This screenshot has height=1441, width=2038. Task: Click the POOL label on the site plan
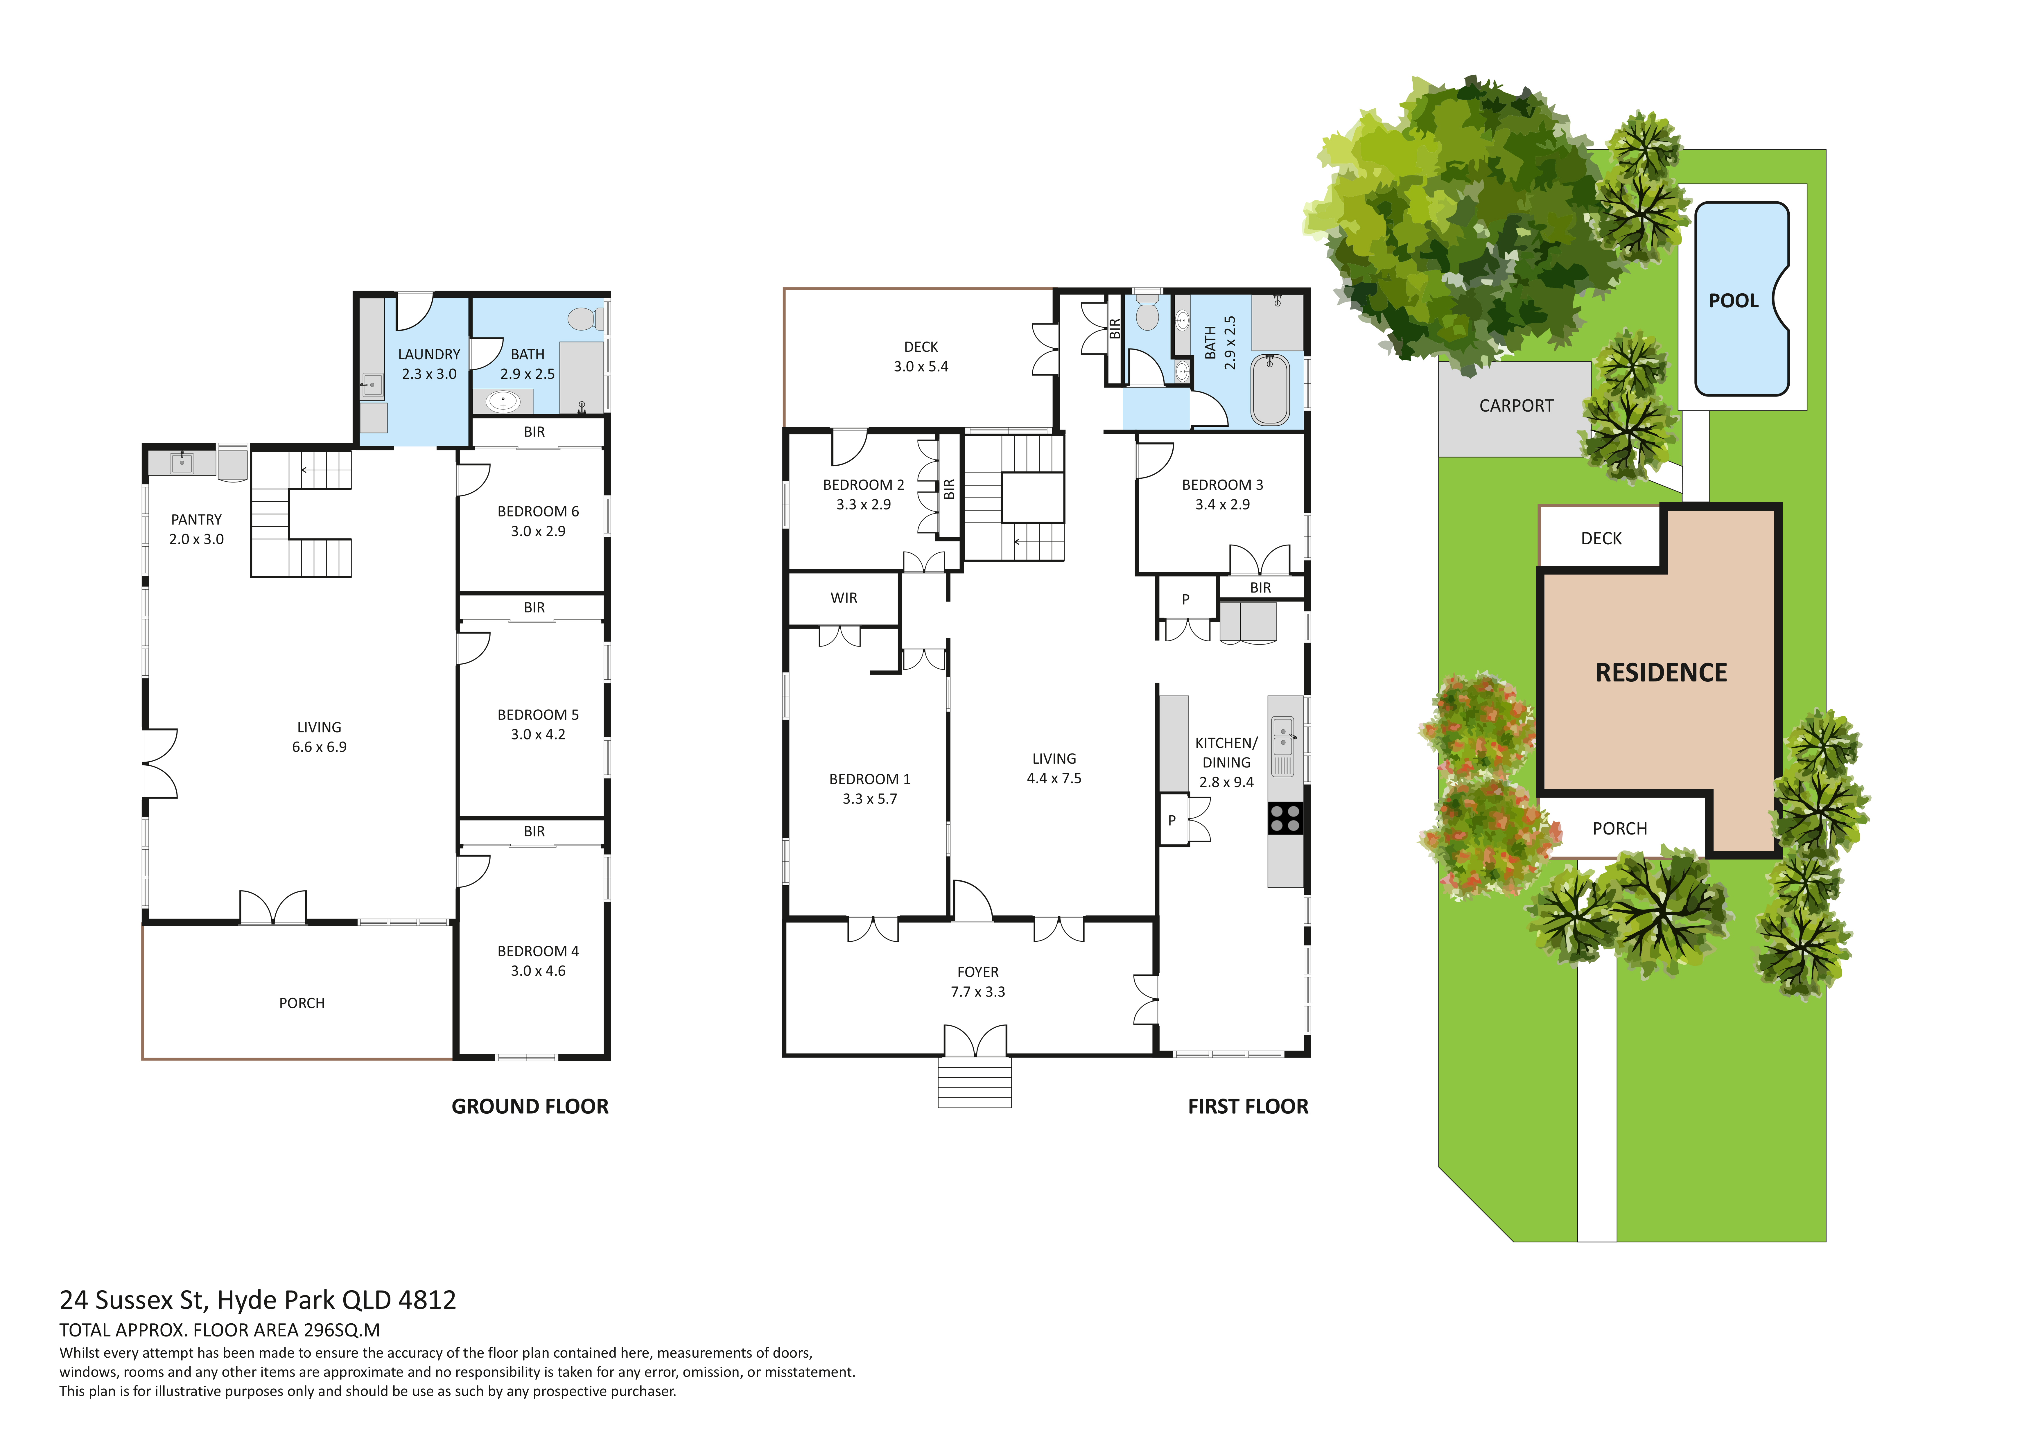point(1733,301)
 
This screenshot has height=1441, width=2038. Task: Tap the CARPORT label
point(1516,406)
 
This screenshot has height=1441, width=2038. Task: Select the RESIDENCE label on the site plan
point(1661,673)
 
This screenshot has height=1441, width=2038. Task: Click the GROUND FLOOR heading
point(530,1106)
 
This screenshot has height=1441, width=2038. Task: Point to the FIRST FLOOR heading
point(1248,1106)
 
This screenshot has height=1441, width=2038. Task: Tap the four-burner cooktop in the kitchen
point(1285,819)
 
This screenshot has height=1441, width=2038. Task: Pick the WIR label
point(844,598)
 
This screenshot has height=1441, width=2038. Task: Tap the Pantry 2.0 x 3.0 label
point(196,529)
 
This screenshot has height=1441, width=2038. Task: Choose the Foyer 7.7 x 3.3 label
point(978,982)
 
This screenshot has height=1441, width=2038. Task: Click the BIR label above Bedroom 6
point(534,433)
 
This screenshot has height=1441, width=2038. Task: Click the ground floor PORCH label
point(302,1003)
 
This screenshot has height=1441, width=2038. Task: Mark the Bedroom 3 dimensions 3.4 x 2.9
point(1222,504)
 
